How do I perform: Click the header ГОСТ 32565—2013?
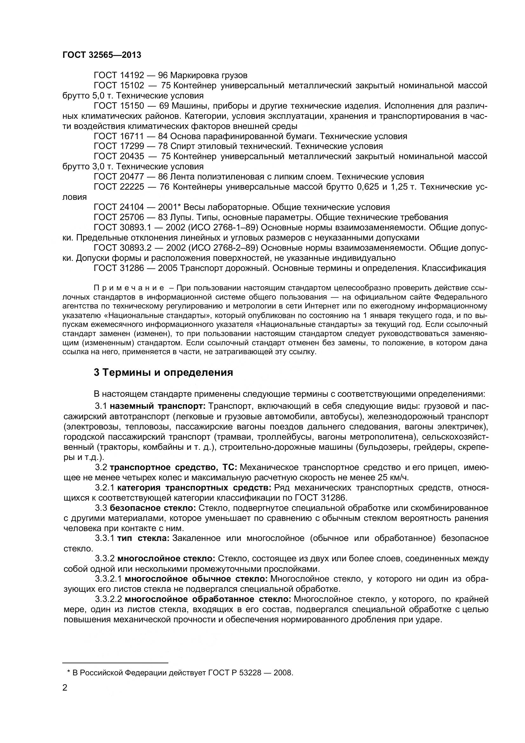(x=102, y=55)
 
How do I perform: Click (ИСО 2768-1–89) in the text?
(x=223, y=227)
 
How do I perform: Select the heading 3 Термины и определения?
(x=163, y=373)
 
